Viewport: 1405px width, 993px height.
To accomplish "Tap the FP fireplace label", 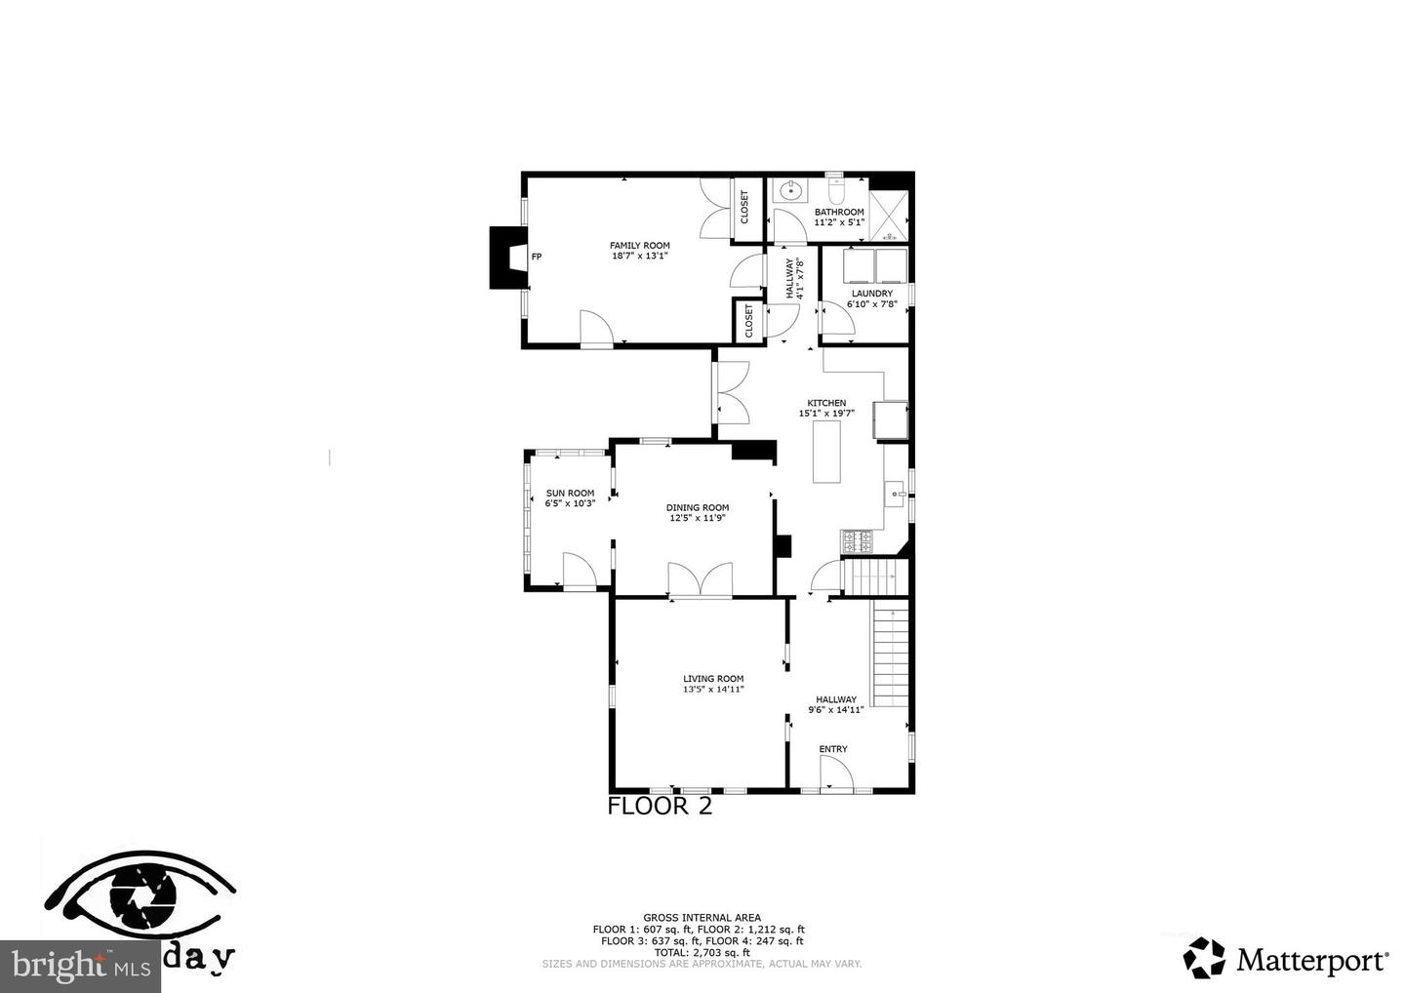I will click(x=536, y=258).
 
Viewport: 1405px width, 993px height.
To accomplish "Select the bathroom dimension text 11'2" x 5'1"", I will click(x=839, y=222).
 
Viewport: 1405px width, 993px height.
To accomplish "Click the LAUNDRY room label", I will click(x=871, y=293).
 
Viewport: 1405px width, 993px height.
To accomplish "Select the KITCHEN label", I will click(x=826, y=403).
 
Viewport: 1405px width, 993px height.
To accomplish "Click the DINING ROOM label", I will click(x=698, y=507).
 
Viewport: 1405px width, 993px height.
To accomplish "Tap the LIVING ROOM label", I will click(x=713, y=679).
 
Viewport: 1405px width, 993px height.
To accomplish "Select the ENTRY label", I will click(x=833, y=749).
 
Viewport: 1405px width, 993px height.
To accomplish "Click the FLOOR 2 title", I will click(x=660, y=807).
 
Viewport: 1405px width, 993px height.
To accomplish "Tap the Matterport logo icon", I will click(x=1204, y=958).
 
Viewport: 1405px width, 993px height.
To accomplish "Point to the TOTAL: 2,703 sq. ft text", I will click(x=702, y=952).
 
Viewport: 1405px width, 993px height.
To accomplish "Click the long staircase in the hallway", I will click(x=890, y=654).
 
